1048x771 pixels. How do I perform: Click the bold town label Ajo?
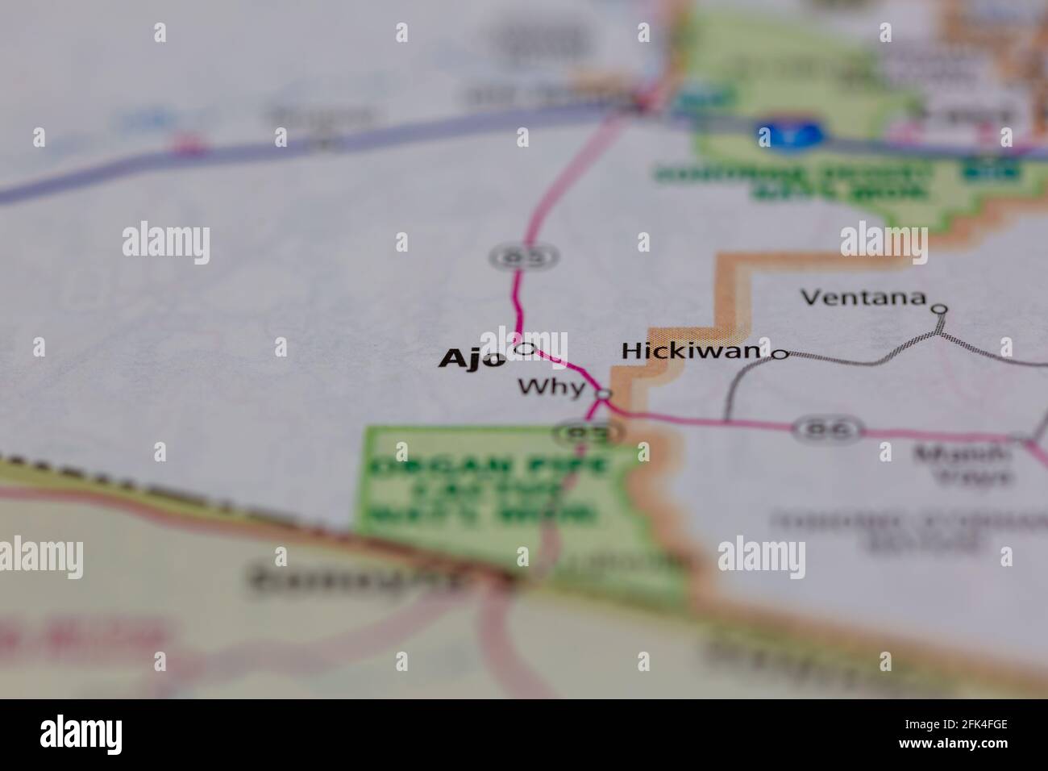point(472,359)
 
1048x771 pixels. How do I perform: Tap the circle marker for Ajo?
point(526,348)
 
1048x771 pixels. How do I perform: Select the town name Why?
point(551,387)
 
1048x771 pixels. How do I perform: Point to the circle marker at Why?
point(604,394)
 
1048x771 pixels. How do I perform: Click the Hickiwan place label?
point(691,351)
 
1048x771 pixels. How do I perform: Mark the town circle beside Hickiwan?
point(780,354)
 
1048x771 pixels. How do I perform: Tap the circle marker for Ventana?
point(939,308)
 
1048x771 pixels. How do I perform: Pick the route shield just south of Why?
point(588,433)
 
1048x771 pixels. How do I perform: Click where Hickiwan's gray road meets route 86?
point(726,420)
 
